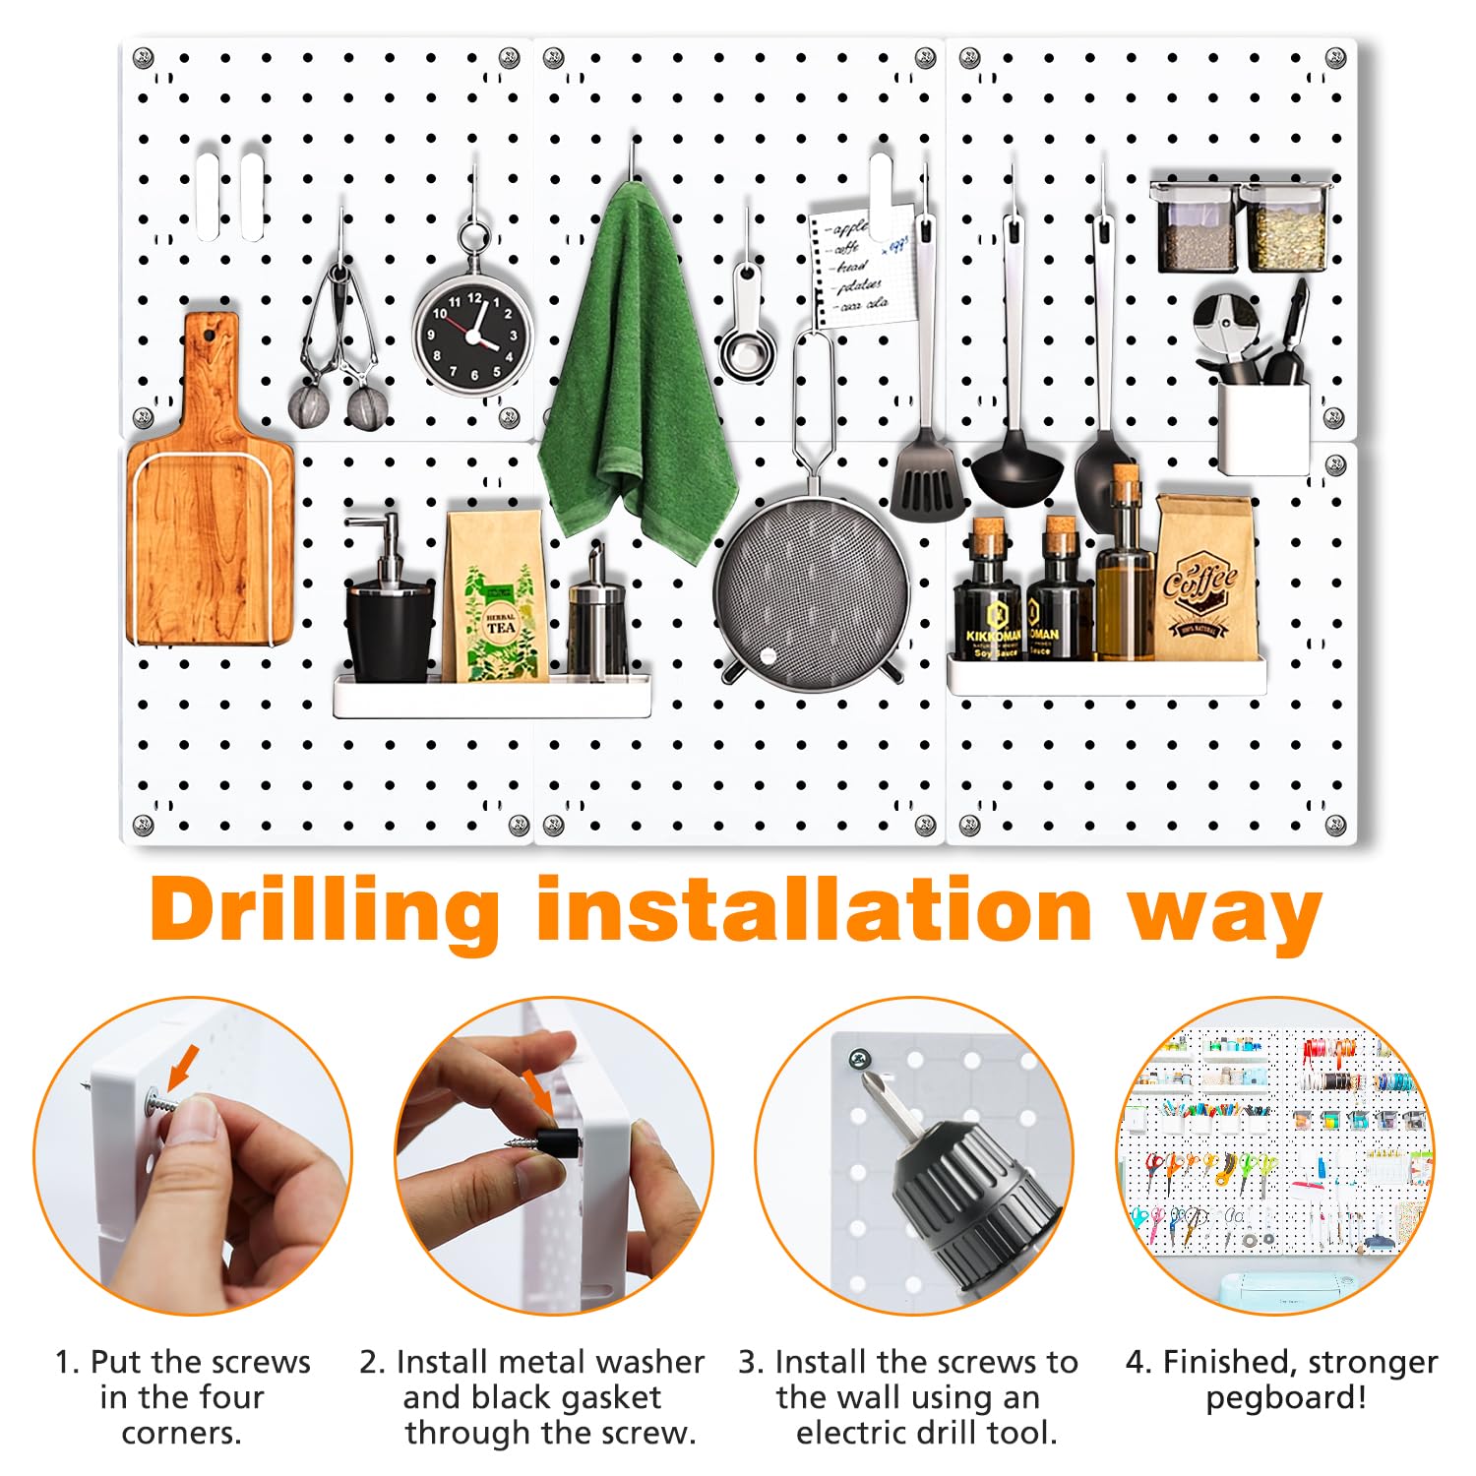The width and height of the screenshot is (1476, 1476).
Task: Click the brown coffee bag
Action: tap(1203, 581)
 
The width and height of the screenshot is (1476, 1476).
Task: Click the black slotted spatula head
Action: tap(927, 482)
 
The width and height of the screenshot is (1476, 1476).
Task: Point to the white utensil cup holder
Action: tap(1263, 427)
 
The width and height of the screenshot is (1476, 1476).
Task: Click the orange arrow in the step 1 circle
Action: tap(183, 1067)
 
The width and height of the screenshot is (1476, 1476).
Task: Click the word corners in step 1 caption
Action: tap(181, 1433)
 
